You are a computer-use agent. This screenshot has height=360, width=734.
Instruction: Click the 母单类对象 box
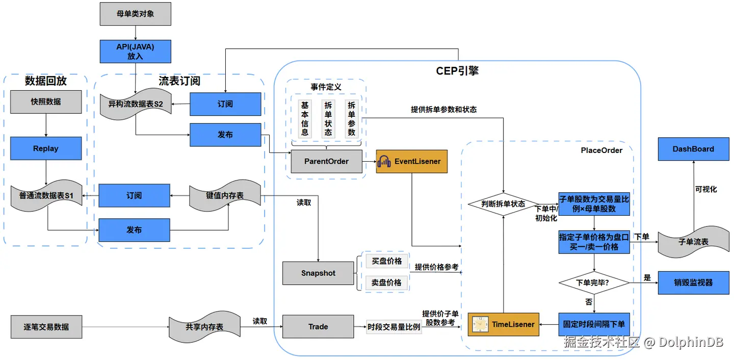click(136, 14)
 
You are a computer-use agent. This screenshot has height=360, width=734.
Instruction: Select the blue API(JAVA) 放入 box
click(136, 52)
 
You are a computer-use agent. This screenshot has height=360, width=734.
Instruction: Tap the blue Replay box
click(46, 148)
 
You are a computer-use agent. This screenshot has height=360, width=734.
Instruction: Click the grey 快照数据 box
click(46, 102)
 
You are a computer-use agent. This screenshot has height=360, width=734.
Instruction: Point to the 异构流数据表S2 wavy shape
click(136, 104)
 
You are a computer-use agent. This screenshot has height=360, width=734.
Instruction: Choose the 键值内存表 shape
click(225, 196)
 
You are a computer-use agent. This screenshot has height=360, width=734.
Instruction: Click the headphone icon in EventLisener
click(384, 161)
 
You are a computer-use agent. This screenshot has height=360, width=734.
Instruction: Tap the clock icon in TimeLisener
click(480, 325)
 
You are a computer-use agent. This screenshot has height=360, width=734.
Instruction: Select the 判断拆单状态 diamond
click(503, 204)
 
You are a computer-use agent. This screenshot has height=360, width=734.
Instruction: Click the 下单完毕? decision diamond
click(594, 282)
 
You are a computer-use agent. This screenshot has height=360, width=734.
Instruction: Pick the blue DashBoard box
click(693, 149)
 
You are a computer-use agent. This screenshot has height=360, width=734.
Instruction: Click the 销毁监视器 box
click(693, 282)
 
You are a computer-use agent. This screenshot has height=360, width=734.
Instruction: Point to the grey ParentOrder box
click(326, 161)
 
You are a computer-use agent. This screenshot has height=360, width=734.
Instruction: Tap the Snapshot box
click(318, 273)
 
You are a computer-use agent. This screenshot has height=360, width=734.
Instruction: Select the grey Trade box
click(318, 326)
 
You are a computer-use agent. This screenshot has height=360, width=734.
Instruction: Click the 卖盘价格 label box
click(387, 282)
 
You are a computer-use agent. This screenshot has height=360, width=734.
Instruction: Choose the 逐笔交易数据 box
click(46, 327)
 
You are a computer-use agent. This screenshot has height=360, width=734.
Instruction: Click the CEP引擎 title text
click(457, 71)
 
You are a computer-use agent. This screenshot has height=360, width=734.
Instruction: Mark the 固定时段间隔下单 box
click(594, 324)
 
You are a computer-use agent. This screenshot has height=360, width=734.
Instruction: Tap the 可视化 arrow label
click(706, 189)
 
